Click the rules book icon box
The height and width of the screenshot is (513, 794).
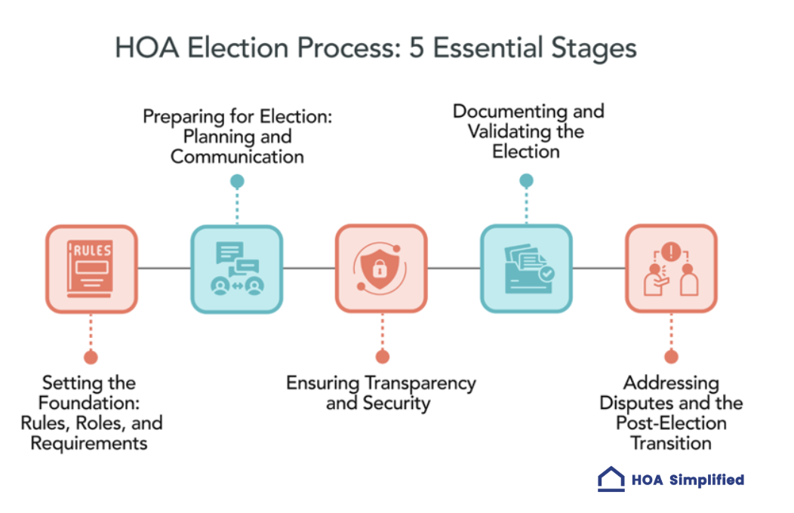pos(91,269)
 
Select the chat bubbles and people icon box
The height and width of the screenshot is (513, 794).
pos(236,269)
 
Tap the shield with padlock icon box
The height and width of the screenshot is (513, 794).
pos(381,269)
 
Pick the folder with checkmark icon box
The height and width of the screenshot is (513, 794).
pos(526,269)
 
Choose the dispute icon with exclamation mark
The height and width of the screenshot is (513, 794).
pos(671,269)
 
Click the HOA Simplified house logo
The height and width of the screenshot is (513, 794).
pos(611,479)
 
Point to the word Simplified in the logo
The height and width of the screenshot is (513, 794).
pos(708,480)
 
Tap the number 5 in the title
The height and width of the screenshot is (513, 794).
pos(417,48)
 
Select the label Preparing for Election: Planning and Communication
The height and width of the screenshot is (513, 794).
pos(238,137)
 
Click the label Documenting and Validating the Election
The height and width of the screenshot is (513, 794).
pos(528,131)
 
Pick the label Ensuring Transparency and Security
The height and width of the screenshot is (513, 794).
pos(381,392)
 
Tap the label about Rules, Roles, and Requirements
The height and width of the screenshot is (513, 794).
pos(91,412)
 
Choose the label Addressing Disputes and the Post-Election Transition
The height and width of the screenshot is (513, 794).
pos(671,412)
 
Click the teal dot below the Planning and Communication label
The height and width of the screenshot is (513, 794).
pos(238,181)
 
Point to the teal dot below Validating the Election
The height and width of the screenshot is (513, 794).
pos(527,180)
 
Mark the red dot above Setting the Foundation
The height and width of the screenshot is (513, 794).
pos(91,357)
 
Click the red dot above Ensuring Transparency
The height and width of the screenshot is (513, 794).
pos(382,357)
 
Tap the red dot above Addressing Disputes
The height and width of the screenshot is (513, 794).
pos(671,357)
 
